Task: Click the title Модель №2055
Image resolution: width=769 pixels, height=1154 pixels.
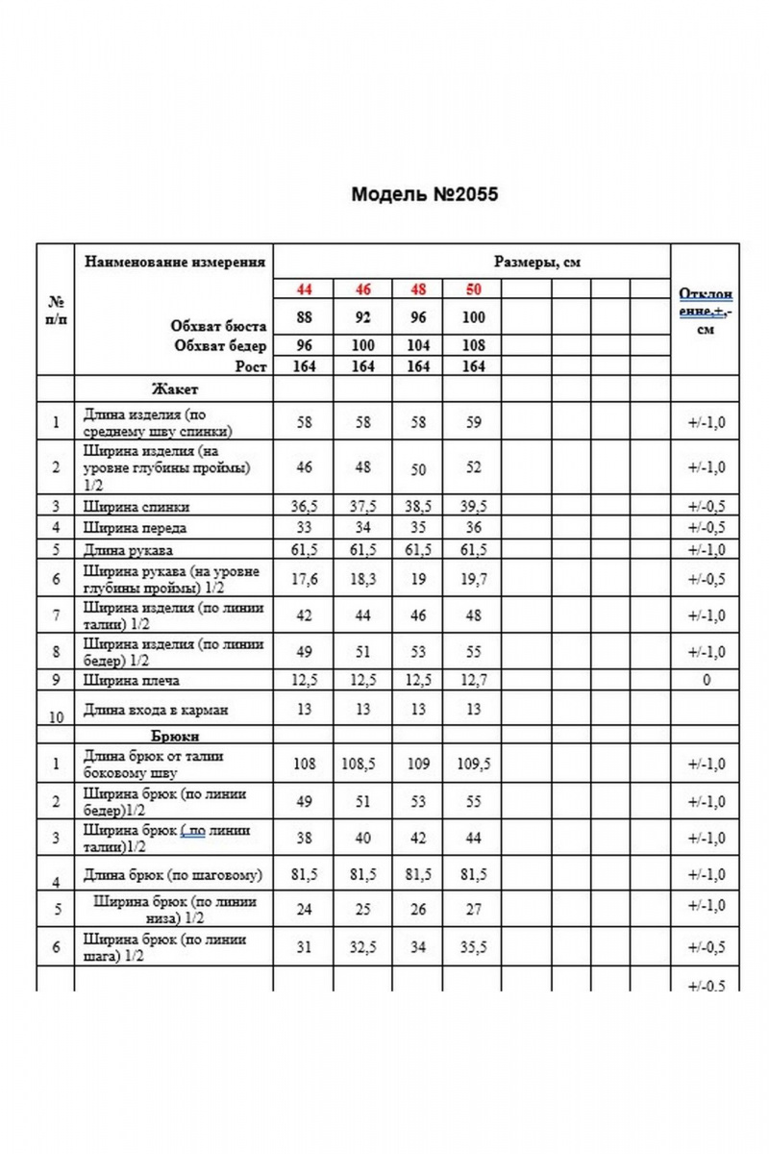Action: click(424, 194)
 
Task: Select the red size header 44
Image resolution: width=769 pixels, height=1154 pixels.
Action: click(304, 289)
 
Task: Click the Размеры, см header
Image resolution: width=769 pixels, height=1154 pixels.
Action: click(537, 262)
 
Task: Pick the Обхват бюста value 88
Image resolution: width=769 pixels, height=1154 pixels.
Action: click(304, 317)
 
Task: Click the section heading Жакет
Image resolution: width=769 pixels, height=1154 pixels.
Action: click(174, 389)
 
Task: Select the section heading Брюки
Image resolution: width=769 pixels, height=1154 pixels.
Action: click(175, 736)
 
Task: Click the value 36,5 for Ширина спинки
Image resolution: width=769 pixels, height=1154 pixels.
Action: click(304, 507)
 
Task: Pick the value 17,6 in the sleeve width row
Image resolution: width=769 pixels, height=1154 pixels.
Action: click(304, 579)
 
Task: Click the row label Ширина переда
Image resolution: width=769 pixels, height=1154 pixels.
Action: click(136, 527)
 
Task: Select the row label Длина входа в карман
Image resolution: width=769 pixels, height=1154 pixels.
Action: click(156, 710)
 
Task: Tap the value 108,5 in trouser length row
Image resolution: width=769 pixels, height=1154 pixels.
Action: click(363, 765)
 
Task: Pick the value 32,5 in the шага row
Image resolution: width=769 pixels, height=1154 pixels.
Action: click(363, 947)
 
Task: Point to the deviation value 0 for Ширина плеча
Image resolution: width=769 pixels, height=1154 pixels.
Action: click(707, 682)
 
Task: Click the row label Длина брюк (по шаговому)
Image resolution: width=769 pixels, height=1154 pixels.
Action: click(173, 875)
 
